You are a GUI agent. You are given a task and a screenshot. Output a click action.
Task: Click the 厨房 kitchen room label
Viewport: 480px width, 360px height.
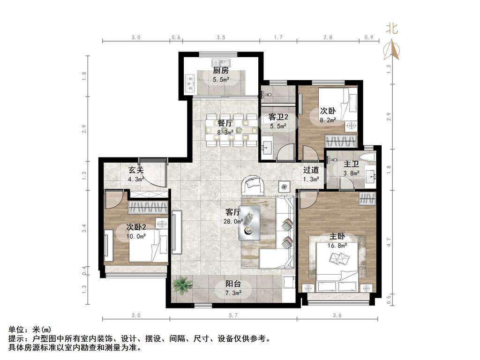point(221,71)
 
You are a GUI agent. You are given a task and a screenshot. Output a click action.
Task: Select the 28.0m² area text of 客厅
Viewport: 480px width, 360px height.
point(233,221)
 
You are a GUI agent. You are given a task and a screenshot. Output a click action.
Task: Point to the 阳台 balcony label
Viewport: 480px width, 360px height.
point(233,284)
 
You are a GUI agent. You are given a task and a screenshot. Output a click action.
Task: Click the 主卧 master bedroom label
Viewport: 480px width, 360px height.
point(337,236)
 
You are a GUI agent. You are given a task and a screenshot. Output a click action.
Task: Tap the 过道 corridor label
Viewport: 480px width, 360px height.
point(311,170)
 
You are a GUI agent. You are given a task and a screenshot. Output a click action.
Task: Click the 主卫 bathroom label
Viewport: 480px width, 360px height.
point(351,165)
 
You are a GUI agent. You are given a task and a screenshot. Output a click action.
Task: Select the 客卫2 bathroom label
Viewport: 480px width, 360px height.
point(278,117)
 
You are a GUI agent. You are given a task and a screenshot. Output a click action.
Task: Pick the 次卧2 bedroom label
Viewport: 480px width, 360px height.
point(136,227)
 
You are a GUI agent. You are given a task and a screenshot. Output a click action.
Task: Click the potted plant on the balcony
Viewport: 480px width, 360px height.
point(183,285)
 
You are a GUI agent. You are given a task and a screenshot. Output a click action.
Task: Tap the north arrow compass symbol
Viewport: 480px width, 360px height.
point(392,50)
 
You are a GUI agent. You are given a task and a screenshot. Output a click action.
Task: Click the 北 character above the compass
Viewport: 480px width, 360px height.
point(391,29)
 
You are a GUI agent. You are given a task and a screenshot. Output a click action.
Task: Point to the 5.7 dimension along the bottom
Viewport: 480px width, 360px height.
point(233,315)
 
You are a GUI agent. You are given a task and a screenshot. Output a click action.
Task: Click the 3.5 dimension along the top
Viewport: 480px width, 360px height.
point(221,37)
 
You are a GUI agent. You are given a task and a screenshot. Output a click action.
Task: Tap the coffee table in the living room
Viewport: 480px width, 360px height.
point(250,223)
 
